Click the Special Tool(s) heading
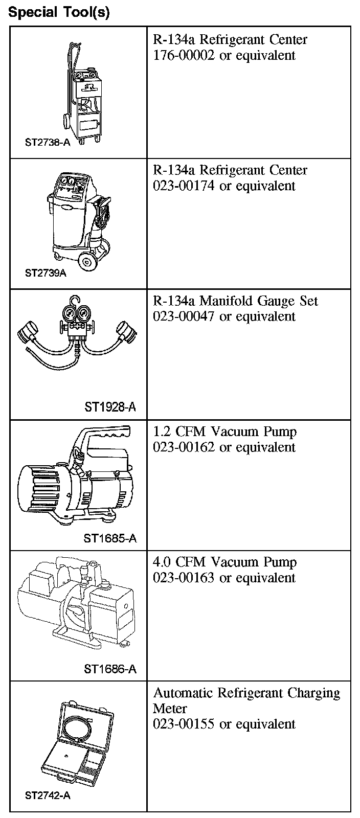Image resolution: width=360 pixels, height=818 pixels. [59, 12]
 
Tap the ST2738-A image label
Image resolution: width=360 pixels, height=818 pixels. [48, 142]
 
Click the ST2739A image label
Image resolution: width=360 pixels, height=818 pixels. [46, 272]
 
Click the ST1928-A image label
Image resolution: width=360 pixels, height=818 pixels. [110, 407]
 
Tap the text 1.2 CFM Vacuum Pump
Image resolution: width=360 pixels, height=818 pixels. [224, 431]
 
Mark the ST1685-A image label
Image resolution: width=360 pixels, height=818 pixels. [110, 538]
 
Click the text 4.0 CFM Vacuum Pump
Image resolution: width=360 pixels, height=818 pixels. [224, 562]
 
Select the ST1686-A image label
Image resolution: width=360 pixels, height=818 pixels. [110, 669]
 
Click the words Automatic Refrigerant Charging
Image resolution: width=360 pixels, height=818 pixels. [246, 693]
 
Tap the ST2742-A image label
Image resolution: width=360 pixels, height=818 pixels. [48, 796]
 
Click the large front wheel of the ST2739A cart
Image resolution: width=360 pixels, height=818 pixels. [88, 262]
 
